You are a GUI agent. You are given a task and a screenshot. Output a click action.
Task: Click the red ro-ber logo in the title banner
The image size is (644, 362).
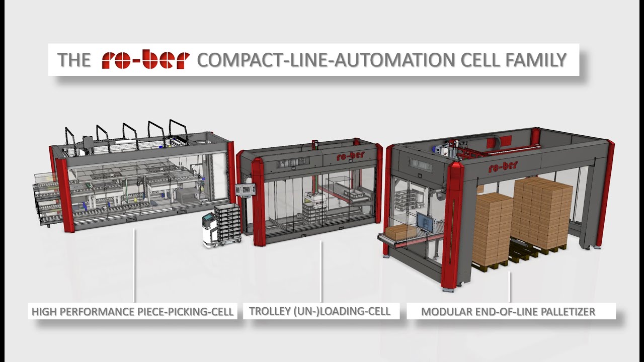click(145, 59)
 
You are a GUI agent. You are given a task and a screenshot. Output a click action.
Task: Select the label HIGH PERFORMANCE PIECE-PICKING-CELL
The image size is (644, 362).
click(132, 312)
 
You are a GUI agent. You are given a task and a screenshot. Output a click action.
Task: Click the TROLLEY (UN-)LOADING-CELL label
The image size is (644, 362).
click(319, 311)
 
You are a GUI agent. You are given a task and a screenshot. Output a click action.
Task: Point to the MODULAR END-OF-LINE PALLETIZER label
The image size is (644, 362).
click(508, 312)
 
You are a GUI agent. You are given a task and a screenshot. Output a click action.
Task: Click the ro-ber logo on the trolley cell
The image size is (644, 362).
click(350, 156)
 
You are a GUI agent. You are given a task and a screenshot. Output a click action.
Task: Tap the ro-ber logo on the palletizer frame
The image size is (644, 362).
click(503, 166)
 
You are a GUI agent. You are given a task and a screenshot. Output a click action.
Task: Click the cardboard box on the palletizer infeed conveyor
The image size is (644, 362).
click(398, 232)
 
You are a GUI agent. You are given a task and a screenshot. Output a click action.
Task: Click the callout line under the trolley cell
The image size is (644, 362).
click(321, 271)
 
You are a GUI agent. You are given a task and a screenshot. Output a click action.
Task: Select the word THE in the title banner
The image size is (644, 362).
click(74, 60)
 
